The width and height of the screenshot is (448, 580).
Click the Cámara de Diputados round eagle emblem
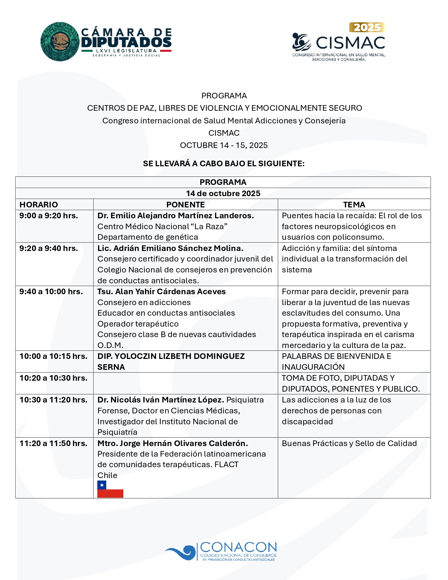tap(60, 42)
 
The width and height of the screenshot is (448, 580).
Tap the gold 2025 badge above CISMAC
tap(367, 27)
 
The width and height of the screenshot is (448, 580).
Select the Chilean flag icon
tap(110, 489)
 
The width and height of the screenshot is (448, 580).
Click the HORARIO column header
tap(39, 205)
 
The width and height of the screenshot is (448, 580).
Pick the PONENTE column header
tap(186, 205)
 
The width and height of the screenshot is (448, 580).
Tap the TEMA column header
tap(354, 205)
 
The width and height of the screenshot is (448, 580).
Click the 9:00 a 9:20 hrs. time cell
tap(49, 215)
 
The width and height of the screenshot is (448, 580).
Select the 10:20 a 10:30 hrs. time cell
tap(53, 378)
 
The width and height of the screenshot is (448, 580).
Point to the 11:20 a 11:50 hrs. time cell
tap(53, 443)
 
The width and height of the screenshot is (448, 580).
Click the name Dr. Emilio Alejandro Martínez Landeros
tap(176, 215)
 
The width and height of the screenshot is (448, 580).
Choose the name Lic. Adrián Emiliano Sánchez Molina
tap(170, 248)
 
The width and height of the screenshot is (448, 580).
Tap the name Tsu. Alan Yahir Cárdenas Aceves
tap(162, 291)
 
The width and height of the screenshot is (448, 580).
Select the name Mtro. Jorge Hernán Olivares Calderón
tap(173, 443)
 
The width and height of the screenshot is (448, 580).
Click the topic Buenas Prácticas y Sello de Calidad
tap(349, 443)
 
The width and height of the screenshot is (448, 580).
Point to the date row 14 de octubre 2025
tap(223, 193)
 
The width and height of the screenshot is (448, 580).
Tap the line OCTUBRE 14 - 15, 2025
tap(224, 145)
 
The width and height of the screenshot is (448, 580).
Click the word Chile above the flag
tap(107, 475)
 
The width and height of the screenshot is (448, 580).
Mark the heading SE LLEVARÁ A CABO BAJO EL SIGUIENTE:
tap(224, 163)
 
